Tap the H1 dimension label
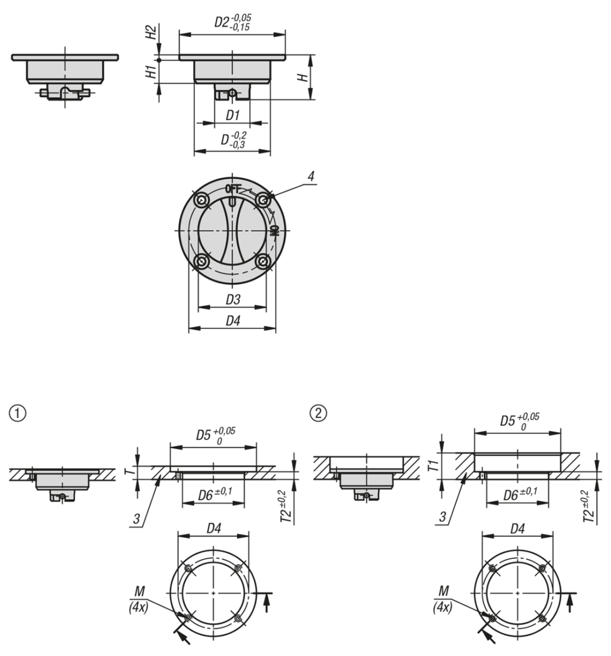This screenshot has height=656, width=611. pyautogui.click(x=151, y=72)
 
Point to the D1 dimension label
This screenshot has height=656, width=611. pyautogui.click(x=232, y=115)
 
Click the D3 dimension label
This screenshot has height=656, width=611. pyautogui.click(x=233, y=300)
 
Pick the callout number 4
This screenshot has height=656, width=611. pyautogui.click(x=311, y=177)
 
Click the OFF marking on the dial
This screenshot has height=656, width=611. pyautogui.click(x=233, y=189)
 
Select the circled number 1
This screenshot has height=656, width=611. pyautogui.click(x=17, y=413)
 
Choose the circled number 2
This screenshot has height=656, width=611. pyautogui.click(x=319, y=413)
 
